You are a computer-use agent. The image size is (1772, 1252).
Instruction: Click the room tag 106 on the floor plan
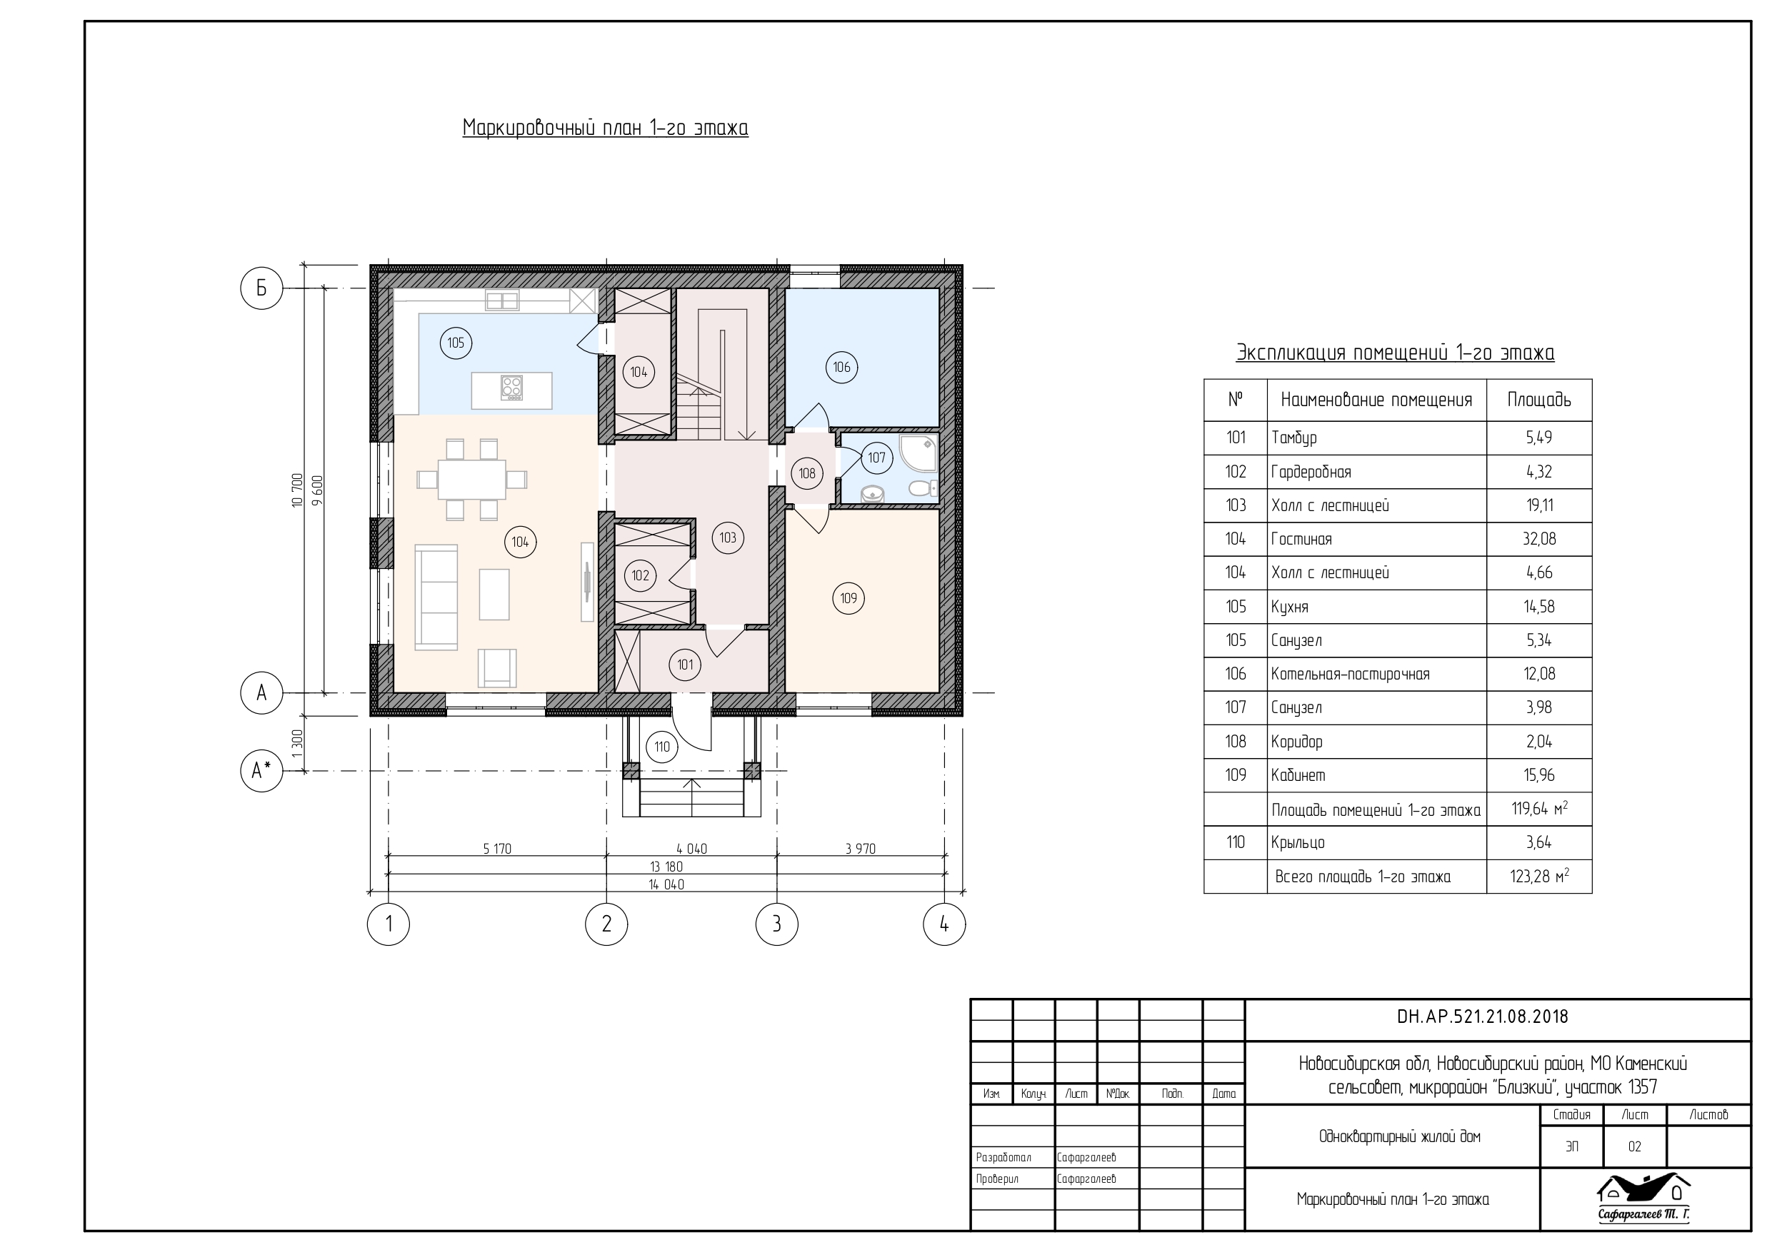(x=841, y=367)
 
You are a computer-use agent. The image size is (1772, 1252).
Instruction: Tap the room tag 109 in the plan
(x=849, y=598)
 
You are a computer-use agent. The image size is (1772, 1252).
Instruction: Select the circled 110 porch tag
(x=661, y=747)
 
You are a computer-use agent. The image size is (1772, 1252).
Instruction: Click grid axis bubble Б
(x=261, y=288)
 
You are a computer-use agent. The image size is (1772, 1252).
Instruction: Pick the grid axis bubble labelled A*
(x=261, y=770)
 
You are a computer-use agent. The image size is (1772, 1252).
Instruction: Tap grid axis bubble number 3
(x=776, y=924)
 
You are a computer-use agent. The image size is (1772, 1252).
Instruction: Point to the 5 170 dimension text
(x=497, y=849)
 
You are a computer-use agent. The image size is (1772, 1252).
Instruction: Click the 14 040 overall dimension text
(x=666, y=885)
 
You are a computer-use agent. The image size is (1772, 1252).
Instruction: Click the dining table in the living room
(x=472, y=479)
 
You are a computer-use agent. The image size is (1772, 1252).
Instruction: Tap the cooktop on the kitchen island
(x=511, y=388)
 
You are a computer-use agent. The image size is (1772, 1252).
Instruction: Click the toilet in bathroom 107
(x=922, y=488)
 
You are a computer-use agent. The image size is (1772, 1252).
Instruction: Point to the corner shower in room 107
(x=919, y=452)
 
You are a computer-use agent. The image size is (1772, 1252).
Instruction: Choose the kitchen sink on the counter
(x=501, y=300)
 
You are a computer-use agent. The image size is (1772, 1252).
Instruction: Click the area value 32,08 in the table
(x=1539, y=539)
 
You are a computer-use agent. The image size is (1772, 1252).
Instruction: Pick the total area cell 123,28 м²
(x=1539, y=877)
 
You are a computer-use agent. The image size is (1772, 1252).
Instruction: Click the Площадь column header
(x=1539, y=400)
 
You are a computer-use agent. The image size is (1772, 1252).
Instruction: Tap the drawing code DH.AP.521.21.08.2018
(x=1483, y=1016)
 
